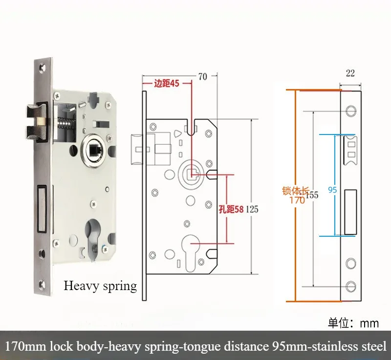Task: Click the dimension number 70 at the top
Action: click(202, 76)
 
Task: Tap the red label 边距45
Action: click(166, 84)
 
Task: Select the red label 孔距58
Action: click(231, 209)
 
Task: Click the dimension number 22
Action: click(350, 73)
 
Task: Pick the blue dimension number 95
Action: click(333, 190)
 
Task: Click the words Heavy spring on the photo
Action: click(100, 286)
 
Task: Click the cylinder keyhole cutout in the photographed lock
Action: click(94, 238)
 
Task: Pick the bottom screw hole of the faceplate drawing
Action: click(350, 286)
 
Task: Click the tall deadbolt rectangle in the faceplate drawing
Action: click(350, 211)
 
